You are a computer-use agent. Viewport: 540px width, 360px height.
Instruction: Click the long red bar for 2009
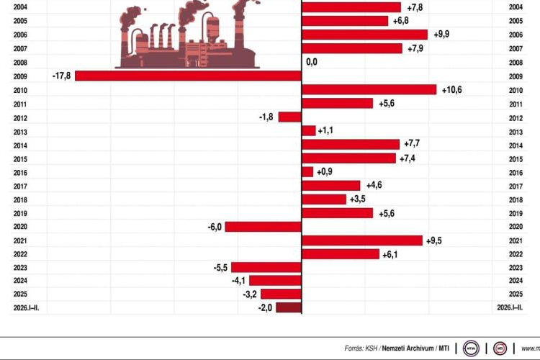coord(188,76)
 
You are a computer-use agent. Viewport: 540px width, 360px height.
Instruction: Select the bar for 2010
coord(369,89)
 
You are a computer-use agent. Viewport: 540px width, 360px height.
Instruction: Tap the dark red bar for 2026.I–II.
coord(289,308)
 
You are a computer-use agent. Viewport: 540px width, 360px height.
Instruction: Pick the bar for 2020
coord(263,226)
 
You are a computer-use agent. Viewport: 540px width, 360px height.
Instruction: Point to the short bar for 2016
coord(307,171)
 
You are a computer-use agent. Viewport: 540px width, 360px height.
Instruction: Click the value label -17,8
coord(62,76)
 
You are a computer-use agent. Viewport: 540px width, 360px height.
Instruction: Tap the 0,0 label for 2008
coord(312,62)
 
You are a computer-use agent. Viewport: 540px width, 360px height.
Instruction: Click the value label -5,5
coord(220,267)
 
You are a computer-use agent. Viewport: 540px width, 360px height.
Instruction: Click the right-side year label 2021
coord(515,240)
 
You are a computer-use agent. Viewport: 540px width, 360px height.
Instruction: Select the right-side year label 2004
coord(515,7)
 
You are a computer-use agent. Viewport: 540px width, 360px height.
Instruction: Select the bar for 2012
coord(289,117)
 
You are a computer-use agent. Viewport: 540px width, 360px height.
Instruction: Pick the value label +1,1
coord(329,130)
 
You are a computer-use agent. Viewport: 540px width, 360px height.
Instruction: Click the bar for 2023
coord(266,267)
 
